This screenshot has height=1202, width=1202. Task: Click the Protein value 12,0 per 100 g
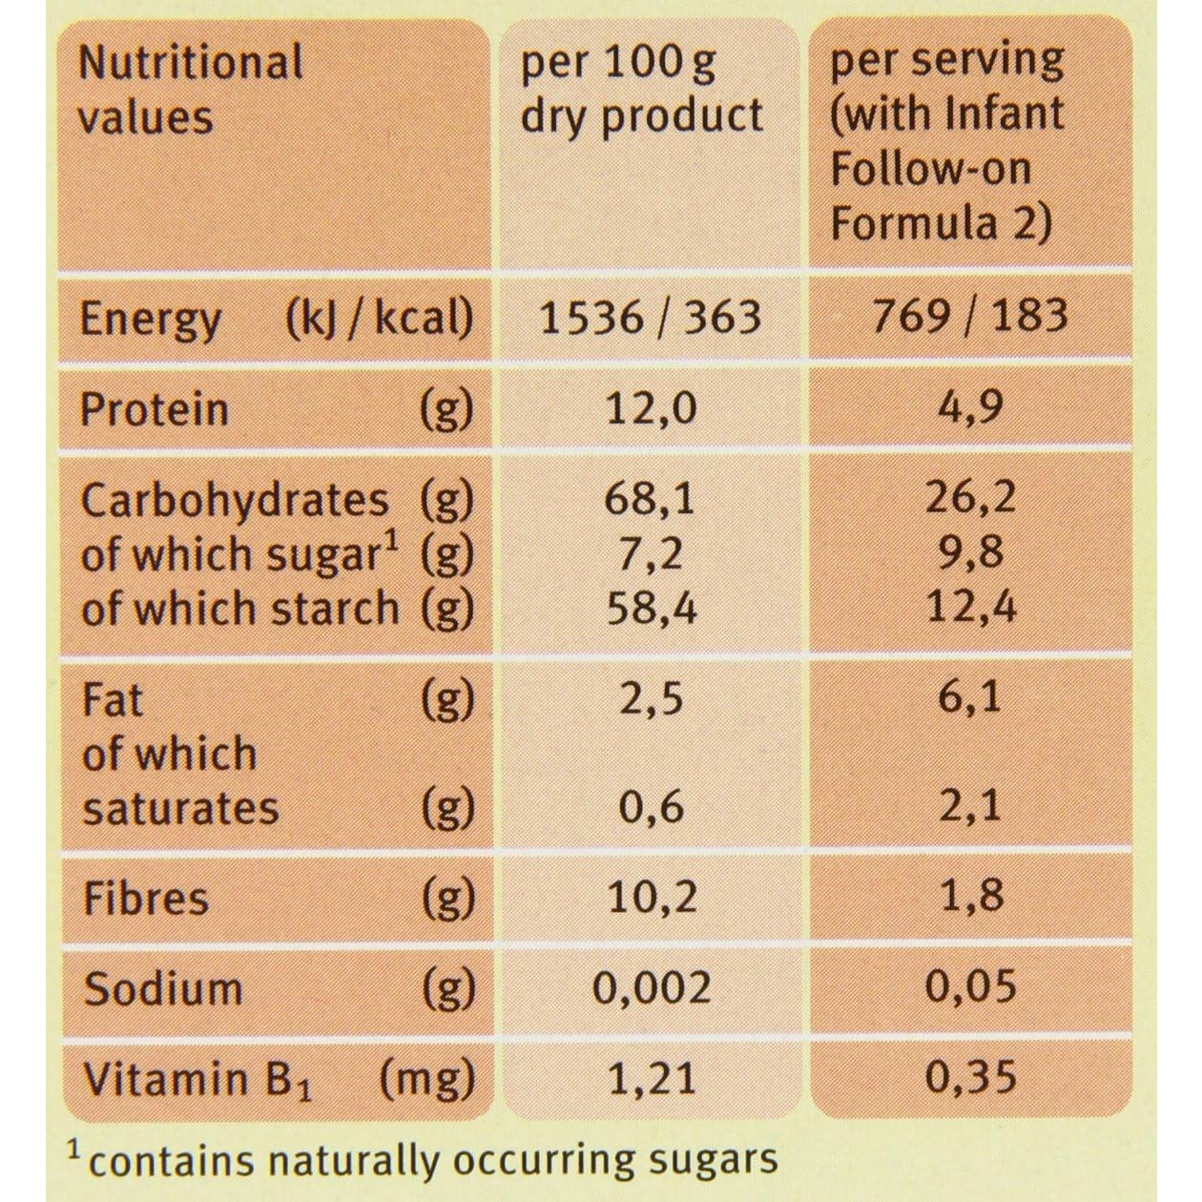click(x=652, y=408)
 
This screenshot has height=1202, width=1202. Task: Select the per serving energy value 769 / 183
click(x=970, y=316)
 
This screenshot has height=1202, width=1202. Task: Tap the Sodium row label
click(x=162, y=988)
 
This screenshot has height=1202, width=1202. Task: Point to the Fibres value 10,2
click(x=652, y=897)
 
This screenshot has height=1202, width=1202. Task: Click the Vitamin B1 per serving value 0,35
click(x=970, y=1078)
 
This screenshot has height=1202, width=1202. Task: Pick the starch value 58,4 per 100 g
click(x=652, y=608)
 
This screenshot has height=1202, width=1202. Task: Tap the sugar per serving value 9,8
click(x=970, y=552)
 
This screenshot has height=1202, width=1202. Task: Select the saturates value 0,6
click(x=652, y=807)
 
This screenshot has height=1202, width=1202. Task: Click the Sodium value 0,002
click(x=652, y=988)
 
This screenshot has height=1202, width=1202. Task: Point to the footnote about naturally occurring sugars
click(x=425, y=1160)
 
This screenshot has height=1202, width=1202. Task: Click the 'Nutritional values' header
click(x=190, y=89)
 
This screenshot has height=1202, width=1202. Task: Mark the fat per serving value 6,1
click(x=970, y=697)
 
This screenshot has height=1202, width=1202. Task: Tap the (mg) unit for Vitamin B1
click(x=426, y=1079)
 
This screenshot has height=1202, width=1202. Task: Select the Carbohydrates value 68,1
click(x=652, y=499)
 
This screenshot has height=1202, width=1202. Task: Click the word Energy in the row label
click(x=150, y=319)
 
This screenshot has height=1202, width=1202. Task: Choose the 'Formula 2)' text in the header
click(x=941, y=223)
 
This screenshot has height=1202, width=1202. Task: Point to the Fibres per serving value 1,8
click(x=970, y=897)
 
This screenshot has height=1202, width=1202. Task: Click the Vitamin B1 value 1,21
click(x=652, y=1078)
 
